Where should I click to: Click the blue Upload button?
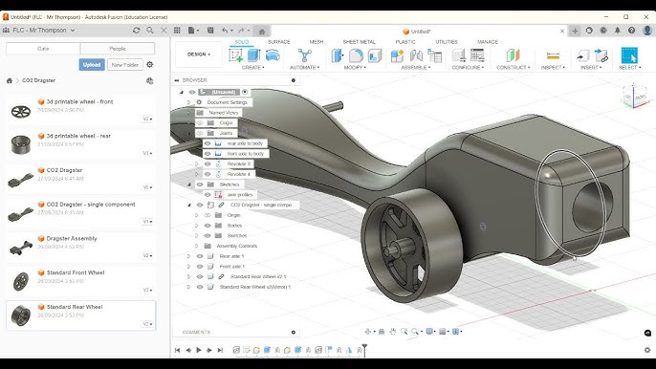point(92,64)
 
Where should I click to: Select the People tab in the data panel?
point(117,48)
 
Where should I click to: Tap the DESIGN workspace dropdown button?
point(198,54)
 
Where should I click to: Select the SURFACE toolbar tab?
point(278,42)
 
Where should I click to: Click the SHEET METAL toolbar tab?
point(359,42)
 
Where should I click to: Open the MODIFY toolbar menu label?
point(354,68)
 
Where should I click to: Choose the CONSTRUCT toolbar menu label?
point(513,68)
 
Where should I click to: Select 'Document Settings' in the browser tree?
point(228,102)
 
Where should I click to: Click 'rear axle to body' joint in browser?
point(245,143)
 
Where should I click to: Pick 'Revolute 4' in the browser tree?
point(239,174)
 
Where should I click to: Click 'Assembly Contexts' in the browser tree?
point(237,246)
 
